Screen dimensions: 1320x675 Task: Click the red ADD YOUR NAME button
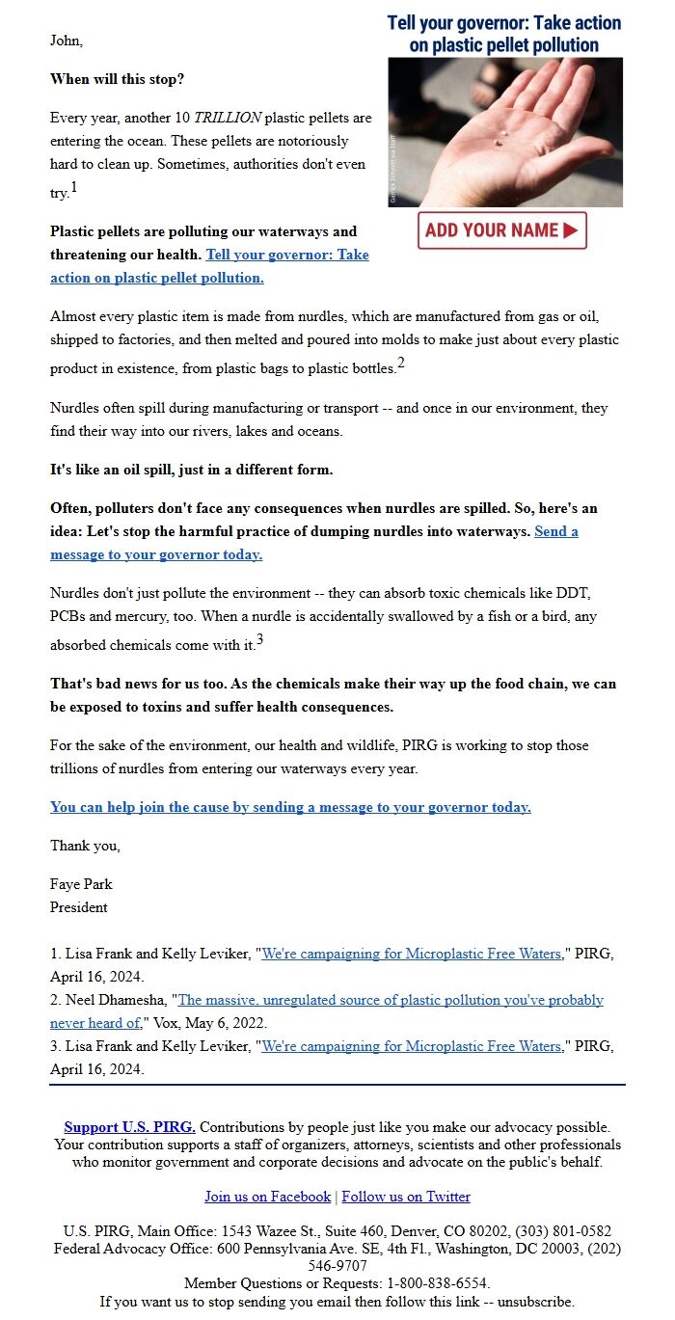[x=501, y=230]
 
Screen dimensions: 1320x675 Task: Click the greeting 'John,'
[x=67, y=40]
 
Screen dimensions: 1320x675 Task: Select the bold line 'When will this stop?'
[x=117, y=79]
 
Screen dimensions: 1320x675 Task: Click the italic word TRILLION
[x=228, y=118]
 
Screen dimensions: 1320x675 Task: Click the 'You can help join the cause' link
[x=290, y=807]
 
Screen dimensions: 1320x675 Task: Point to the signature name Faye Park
[x=81, y=884]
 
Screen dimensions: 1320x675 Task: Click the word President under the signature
[x=79, y=907]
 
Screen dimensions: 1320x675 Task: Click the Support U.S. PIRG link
[x=129, y=1126]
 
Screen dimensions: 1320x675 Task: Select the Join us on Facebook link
[x=267, y=1197]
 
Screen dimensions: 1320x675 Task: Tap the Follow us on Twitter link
[x=406, y=1197]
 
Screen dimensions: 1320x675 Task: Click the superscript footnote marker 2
[x=401, y=363]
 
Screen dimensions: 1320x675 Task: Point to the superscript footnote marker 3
[x=260, y=639]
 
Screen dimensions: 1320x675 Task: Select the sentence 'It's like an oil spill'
[x=191, y=470]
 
